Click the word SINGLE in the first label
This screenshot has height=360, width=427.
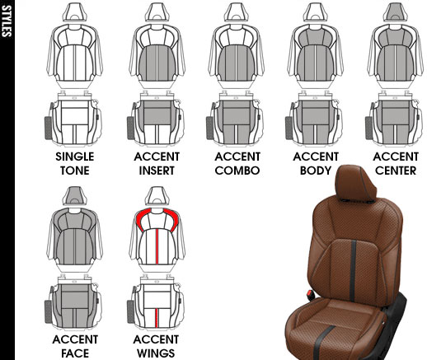pyautogui.click(x=75, y=157)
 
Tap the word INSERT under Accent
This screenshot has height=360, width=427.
pyautogui.click(x=157, y=171)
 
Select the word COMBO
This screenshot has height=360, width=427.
pyautogui.click(x=237, y=171)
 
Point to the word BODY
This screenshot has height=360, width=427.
pyautogui.click(x=316, y=171)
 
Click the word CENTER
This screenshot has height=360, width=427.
pyautogui.click(x=396, y=171)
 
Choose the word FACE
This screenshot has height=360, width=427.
pyautogui.click(x=75, y=353)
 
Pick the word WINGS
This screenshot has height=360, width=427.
pyautogui.click(x=156, y=353)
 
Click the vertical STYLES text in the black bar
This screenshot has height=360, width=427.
pyautogui.click(x=7, y=21)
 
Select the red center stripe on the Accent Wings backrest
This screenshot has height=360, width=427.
pyautogui.click(x=157, y=246)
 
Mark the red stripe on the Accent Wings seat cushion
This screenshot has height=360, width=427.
pyautogui.click(x=157, y=318)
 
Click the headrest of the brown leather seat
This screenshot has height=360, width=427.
pyautogui.click(x=355, y=183)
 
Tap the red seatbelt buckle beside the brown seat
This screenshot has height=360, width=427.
pyautogui.click(x=311, y=295)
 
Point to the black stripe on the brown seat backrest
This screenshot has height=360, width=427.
pyautogui.click(x=353, y=270)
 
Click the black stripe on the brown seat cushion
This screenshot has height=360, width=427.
pyautogui.click(x=322, y=342)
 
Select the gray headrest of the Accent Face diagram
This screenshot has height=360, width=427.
pyautogui.click(x=75, y=195)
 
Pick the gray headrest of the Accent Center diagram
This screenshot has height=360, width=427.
pyautogui.click(x=396, y=12)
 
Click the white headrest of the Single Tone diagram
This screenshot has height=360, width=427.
pyautogui.click(x=75, y=12)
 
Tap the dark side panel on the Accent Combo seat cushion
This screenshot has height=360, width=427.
pyautogui.click(x=209, y=128)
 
